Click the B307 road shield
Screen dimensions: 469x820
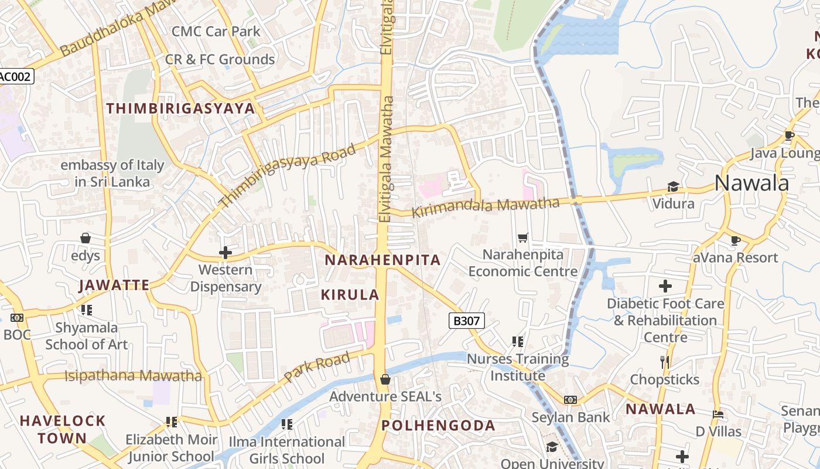tap(466, 321)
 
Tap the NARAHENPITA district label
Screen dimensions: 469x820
tap(382, 260)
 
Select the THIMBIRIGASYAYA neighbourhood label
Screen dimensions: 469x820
tap(181, 108)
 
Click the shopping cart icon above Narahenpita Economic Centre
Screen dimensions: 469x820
tap(522, 237)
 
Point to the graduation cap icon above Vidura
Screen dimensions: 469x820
tap(673, 186)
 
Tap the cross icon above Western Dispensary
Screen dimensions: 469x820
tap(225, 253)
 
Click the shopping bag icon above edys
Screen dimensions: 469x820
tap(86, 238)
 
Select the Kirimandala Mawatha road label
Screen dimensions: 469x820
tap(486, 207)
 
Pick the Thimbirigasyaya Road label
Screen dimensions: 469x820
tap(287, 175)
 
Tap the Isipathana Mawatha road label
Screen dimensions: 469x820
tap(133, 376)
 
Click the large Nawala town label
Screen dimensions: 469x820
tap(751, 183)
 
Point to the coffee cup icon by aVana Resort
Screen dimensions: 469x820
tap(736, 240)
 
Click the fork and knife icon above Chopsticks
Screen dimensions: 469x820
tap(665, 362)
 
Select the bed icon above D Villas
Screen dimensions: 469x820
tap(718, 414)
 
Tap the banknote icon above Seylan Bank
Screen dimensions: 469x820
tap(570, 399)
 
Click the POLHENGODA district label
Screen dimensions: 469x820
tap(438, 426)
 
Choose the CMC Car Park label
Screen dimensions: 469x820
tap(216, 31)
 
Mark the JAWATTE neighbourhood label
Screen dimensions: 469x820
tap(114, 286)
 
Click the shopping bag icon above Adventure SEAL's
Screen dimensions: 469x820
tap(385, 379)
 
